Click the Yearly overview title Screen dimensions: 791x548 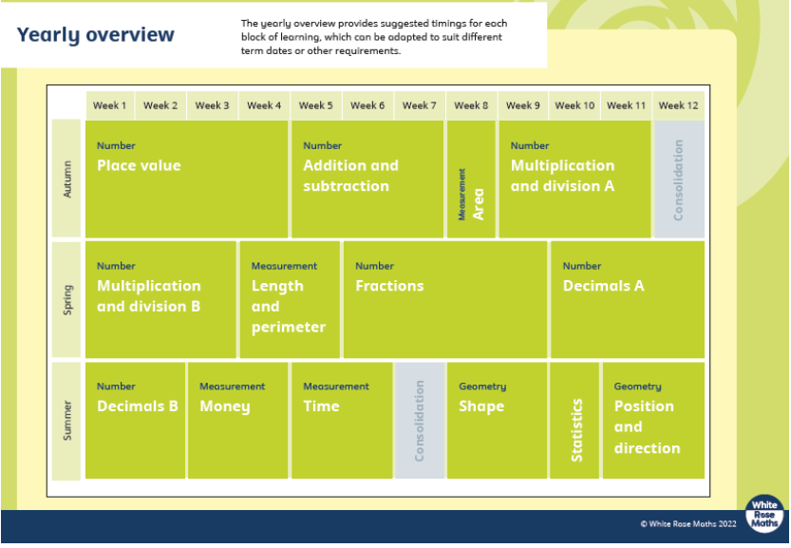click(x=95, y=35)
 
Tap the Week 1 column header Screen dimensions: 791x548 click(x=110, y=105)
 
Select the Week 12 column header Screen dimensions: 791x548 click(x=679, y=105)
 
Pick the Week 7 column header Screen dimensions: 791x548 click(x=419, y=105)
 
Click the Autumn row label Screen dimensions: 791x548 click(x=66, y=179)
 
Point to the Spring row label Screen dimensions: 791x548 click(x=66, y=300)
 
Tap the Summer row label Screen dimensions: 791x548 click(x=66, y=421)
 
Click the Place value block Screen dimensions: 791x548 click(x=187, y=180)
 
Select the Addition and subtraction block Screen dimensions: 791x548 click(x=367, y=180)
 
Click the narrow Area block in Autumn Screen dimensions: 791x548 click(x=471, y=180)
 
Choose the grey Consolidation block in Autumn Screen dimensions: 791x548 click(x=679, y=180)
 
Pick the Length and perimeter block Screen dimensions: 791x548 click(x=290, y=300)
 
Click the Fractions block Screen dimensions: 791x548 click(x=445, y=300)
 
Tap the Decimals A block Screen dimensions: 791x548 click(x=628, y=300)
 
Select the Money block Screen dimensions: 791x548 click(x=238, y=421)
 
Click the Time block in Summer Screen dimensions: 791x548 click(x=342, y=421)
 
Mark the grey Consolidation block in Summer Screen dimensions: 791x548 click(x=420, y=421)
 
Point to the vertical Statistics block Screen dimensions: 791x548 click(x=574, y=421)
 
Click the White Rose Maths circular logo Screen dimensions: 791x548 click(x=764, y=514)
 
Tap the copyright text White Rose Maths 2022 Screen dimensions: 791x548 click(x=688, y=523)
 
